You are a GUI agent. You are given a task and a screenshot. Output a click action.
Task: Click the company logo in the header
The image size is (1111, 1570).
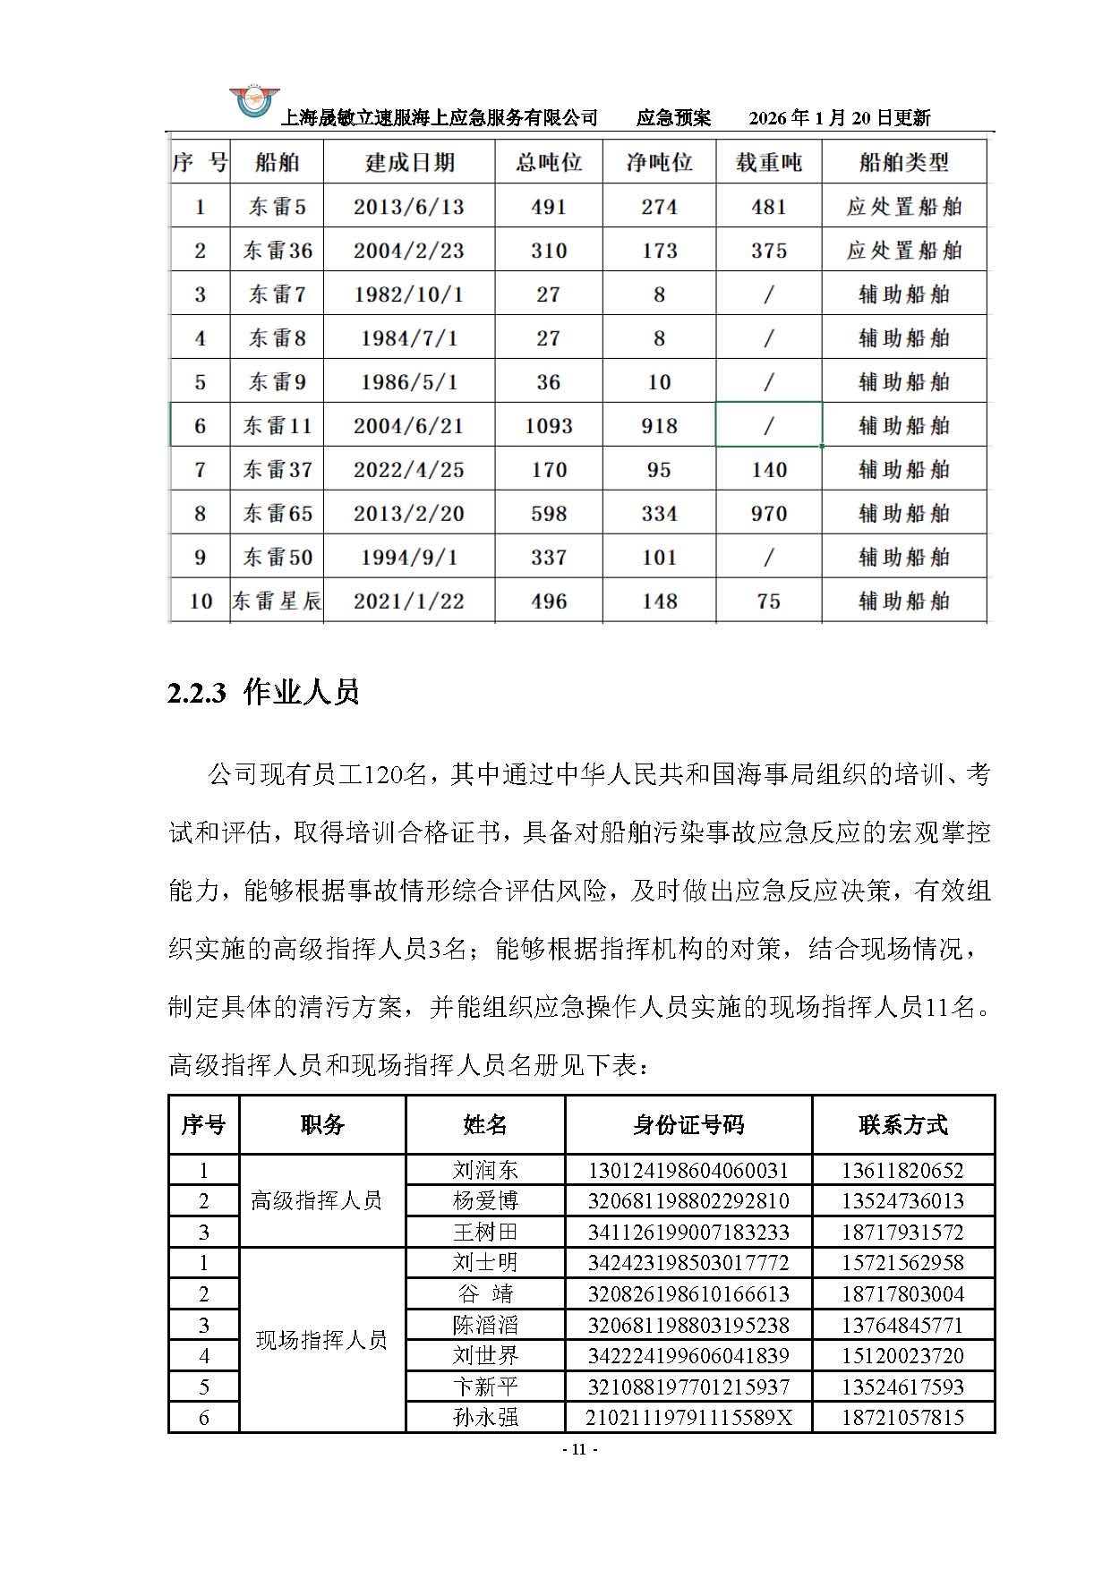pyautogui.click(x=254, y=102)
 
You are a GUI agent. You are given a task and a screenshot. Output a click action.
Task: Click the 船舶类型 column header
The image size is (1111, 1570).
pyautogui.click(x=903, y=162)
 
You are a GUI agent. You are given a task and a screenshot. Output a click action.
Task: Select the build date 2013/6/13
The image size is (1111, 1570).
pyautogui.click(x=408, y=207)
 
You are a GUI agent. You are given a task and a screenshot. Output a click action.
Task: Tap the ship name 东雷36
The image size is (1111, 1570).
pyautogui.click(x=278, y=251)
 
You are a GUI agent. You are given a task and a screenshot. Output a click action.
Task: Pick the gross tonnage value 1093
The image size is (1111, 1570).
pyautogui.click(x=548, y=426)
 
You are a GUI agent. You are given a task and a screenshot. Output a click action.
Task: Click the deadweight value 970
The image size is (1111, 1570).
pyautogui.click(x=769, y=514)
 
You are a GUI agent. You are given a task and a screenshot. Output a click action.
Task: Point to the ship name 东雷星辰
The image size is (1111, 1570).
pyautogui.click(x=277, y=602)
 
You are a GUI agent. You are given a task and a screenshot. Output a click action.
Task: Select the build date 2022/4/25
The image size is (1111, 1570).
pyautogui.click(x=408, y=470)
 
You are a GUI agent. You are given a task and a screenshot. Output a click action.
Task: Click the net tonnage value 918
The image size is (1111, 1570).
pyautogui.click(x=659, y=426)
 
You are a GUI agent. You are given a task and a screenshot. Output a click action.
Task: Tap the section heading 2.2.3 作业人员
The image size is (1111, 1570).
pyautogui.click(x=263, y=692)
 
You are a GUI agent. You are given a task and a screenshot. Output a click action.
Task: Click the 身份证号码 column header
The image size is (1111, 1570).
pyautogui.click(x=688, y=1125)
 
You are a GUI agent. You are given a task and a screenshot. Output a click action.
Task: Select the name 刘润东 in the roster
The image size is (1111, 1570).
pyautogui.click(x=485, y=1170)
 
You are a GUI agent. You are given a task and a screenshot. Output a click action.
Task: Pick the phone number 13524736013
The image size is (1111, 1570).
pyautogui.click(x=902, y=1200)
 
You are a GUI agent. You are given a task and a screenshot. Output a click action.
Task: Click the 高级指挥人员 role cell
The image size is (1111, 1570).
pyautogui.click(x=317, y=1200)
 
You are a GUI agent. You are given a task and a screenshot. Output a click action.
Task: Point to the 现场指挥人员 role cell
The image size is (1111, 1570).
pyautogui.click(x=321, y=1340)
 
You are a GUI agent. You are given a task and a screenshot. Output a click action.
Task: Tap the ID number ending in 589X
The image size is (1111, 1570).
pyautogui.click(x=688, y=1417)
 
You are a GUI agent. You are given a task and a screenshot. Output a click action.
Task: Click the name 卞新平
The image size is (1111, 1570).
pyautogui.click(x=485, y=1387)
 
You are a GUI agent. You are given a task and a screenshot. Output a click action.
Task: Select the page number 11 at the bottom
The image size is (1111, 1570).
pyautogui.click(x=578, y=1449)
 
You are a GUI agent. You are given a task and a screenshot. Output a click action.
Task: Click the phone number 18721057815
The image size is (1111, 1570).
pyautogui.click(x=902, y=1417)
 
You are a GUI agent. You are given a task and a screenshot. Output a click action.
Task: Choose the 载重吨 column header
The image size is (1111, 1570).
pyautogui.click(x=769, y=162)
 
